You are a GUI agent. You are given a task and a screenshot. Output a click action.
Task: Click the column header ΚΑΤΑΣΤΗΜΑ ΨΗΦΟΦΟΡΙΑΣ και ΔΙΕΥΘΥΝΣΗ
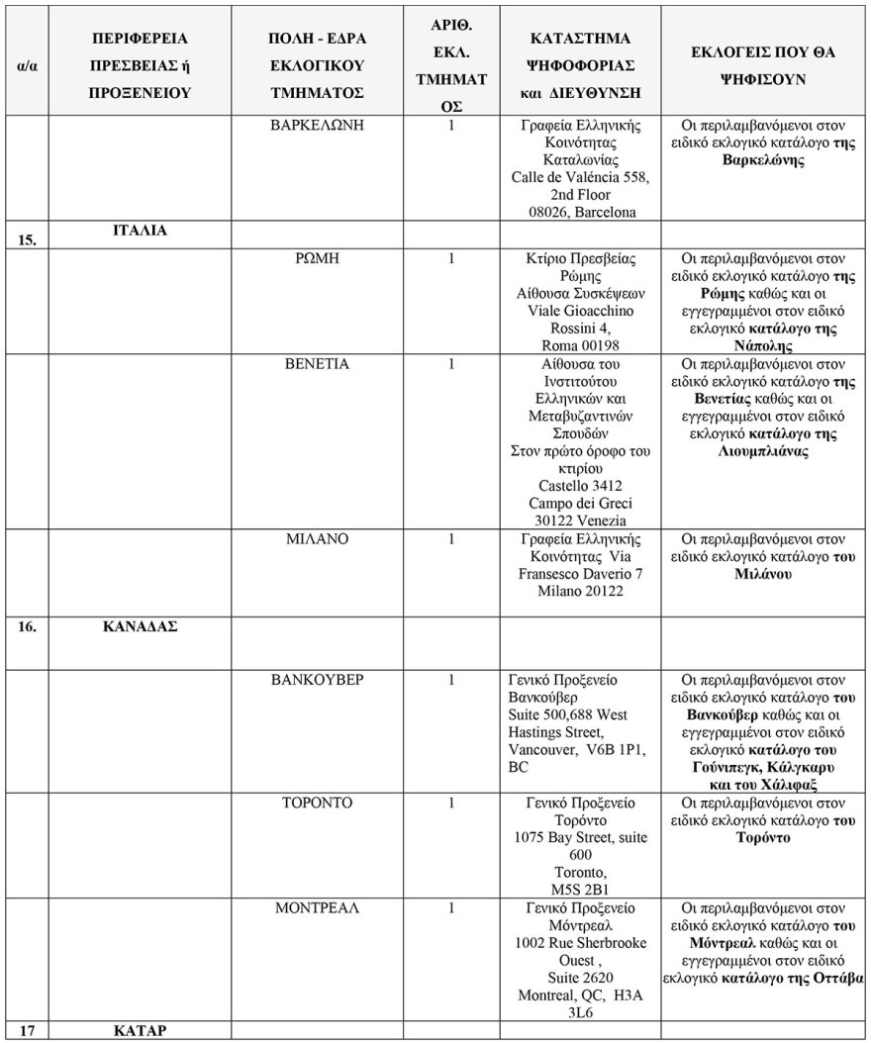(581, 65)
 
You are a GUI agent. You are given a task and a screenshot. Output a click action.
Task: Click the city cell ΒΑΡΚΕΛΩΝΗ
(317, 126)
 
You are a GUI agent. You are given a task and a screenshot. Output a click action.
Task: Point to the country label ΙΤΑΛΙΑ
(140, 231)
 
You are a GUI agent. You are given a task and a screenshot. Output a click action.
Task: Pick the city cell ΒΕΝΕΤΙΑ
(317, 364)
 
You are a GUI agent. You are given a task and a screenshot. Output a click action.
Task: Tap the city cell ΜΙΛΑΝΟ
(317, 539)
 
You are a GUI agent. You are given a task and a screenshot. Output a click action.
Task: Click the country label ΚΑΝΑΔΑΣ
(140, 626)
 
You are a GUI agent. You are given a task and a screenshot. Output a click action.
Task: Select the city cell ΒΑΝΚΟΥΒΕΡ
(317, 681)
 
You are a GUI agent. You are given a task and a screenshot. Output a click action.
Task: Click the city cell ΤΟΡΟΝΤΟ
(317, 803)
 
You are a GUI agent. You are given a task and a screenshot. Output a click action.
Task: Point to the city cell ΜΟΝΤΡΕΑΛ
(317, 907)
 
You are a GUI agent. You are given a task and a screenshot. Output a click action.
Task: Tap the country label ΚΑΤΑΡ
(140, 1029)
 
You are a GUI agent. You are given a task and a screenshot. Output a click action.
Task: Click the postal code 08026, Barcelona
(581, 212)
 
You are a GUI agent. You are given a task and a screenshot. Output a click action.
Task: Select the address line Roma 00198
(581, 346)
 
